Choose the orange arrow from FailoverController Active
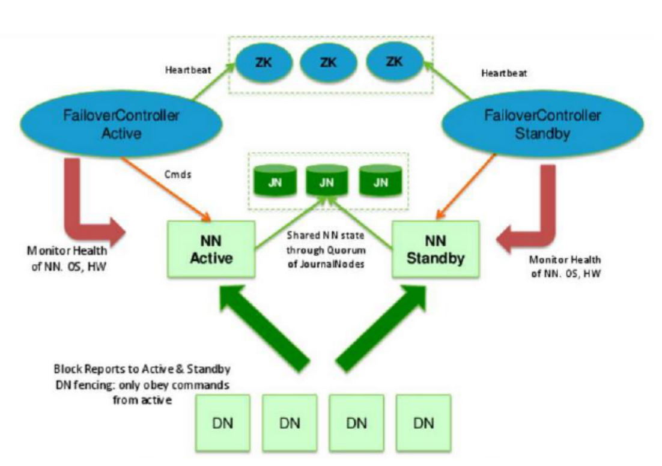click(168, 192)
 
